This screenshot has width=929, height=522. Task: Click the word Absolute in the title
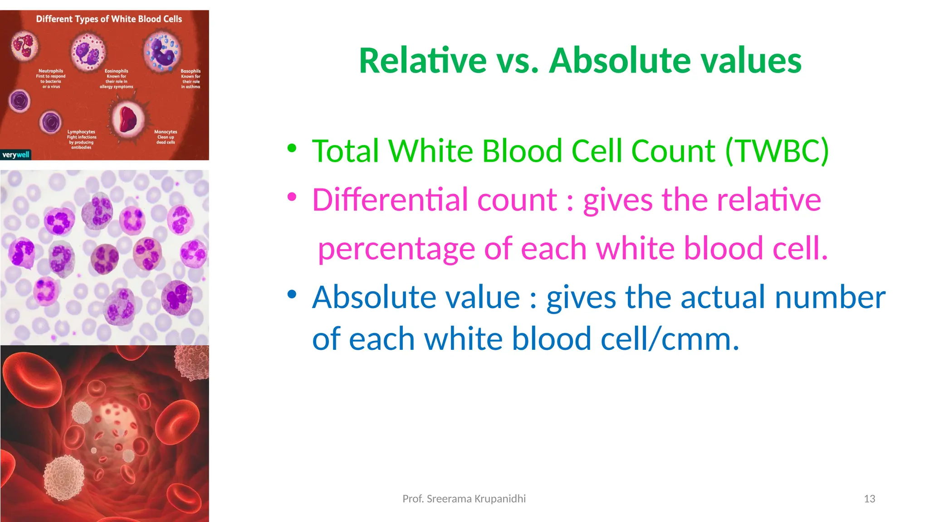[617, 61]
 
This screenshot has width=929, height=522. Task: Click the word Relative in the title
[423, 61]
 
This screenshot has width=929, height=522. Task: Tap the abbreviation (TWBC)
[777, 151]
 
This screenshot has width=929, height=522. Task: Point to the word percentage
[396, 249]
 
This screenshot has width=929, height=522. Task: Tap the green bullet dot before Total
[292, 148]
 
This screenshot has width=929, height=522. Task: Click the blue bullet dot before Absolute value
[292, 295]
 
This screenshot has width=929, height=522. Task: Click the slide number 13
[869, 499]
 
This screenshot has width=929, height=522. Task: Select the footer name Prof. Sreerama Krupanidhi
[464, 499]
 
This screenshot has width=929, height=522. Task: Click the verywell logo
[16, 155]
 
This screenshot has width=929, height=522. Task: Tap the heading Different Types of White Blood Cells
[109, 19]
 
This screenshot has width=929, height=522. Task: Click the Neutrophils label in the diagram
[51, 71]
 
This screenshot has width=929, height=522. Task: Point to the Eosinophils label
[117, 71]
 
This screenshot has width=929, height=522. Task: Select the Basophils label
[191, 71]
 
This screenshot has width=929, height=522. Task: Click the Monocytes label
[166, 132]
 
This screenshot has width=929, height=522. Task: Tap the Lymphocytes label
[81, 132]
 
